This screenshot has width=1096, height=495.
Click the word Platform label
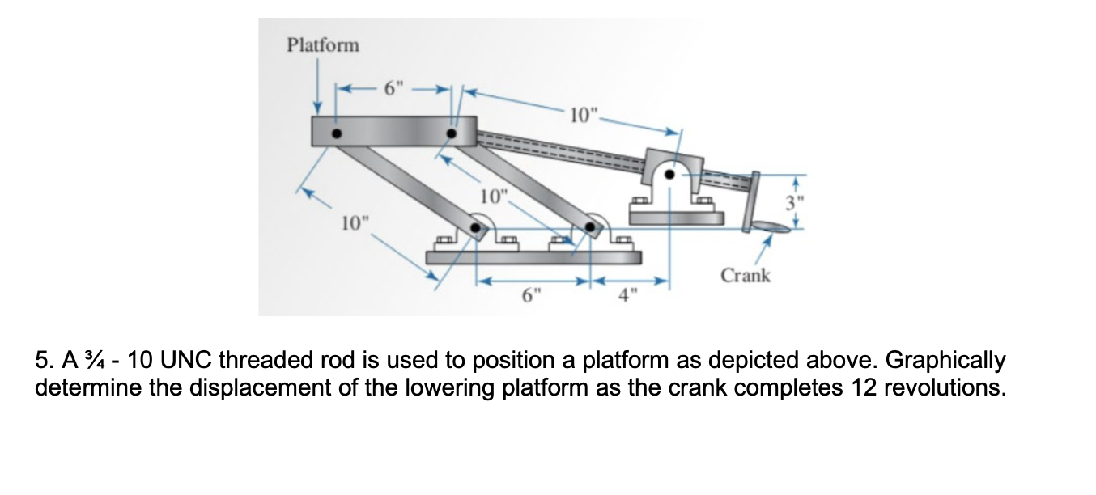323,44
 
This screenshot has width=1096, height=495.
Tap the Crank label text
746,275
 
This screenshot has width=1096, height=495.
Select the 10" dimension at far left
354,221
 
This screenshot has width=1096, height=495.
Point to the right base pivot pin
590,230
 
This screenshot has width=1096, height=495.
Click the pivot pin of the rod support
669,172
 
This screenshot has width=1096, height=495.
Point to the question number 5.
44,360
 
